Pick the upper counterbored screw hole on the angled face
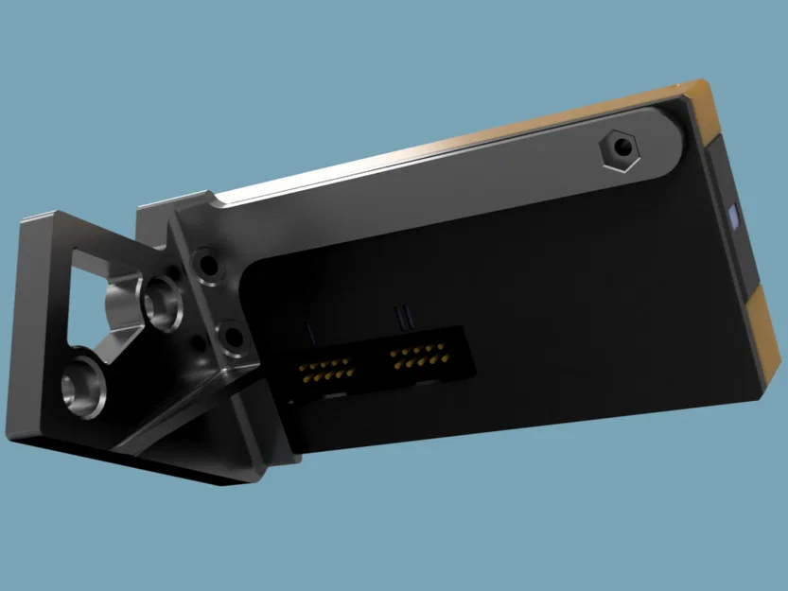205,262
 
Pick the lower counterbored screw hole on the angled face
230,335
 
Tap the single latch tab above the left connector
309,332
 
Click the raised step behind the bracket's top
170,203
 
